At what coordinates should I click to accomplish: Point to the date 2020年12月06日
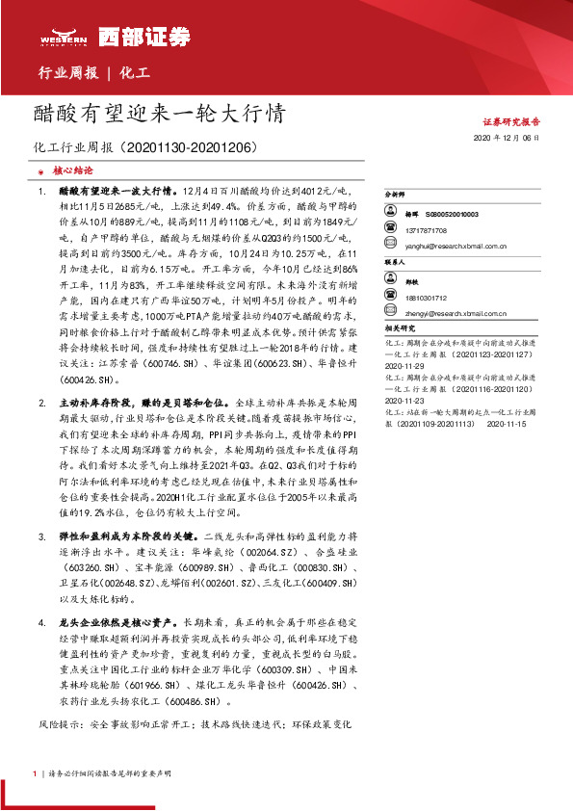tap(507, 139)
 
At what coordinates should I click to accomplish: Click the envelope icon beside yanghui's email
tap(407, 247)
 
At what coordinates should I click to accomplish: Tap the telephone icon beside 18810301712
tap(407, 298)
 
